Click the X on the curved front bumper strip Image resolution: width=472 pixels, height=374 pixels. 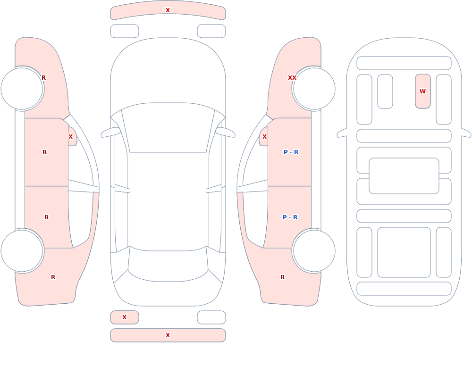coord(168,10)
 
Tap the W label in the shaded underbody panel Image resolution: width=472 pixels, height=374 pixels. coord(422,91)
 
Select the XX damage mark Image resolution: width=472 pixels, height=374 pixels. coord(292,78)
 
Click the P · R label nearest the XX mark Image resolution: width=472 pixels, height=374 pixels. coord(291,152)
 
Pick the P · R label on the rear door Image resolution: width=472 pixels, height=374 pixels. coord(290,217)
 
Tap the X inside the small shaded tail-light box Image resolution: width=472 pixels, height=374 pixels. coord(124,317)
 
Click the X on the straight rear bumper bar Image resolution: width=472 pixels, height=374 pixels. coord(168,335)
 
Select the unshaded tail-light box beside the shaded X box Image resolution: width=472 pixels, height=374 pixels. coord(211,317)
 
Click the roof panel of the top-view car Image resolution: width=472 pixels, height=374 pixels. coord(168,201)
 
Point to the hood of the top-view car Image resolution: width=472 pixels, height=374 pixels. coord(168,72)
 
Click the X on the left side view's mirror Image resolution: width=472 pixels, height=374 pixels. coord(70,137)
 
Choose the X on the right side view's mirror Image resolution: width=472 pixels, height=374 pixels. coord(264,137)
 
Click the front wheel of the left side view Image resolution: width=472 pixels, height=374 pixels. coord(22,89)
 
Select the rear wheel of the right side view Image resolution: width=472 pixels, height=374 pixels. coord(314,250)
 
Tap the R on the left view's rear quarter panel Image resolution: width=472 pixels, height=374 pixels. coord(53,277)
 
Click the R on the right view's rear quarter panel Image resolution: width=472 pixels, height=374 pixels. coord(282,277)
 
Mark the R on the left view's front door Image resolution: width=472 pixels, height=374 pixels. coord(44,152)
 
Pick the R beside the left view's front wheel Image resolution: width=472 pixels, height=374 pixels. coord(43,78)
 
